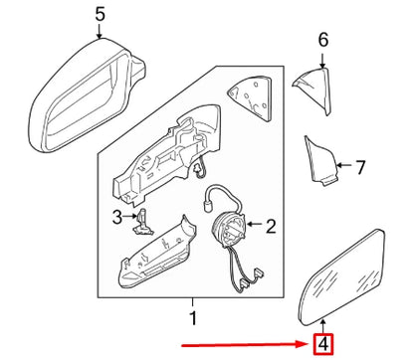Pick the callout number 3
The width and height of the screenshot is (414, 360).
click(117, 216)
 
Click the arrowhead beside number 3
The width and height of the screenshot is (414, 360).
click(132, 216)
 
